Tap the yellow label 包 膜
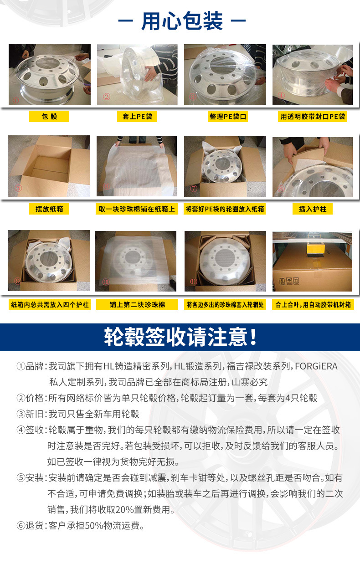coord(49,116)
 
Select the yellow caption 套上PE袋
coord(137,116)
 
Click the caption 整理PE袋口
coord(227,116)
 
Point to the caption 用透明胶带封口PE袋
coord(313,116)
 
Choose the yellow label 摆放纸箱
coord(49,209)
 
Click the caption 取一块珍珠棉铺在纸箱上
coord(137,209)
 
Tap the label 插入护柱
coord(313,209)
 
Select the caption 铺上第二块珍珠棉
coord(137,304)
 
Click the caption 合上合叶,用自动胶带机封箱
coord(313,304)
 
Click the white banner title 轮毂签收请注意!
coord(180,337)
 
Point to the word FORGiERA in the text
coord(316,366)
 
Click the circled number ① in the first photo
coord(16,100)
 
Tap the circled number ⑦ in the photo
coord(194,188)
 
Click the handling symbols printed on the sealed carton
coord(289,281)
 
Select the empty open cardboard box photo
coord(49,166)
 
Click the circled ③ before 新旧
coord(21,414)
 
